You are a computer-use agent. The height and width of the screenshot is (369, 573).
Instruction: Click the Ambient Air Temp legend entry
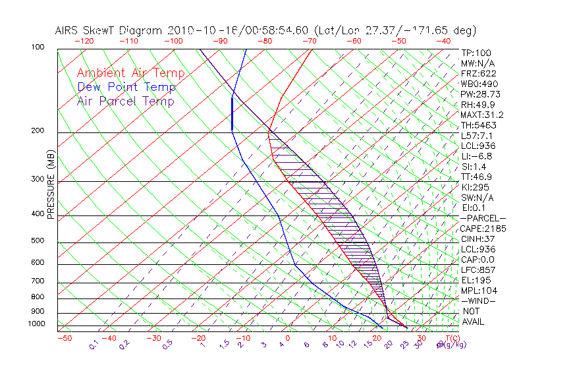click(131, 73)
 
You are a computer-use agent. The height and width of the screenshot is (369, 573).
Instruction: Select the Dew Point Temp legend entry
click(126, 87)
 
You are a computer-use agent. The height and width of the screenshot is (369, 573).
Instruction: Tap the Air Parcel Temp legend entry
click(126, 101)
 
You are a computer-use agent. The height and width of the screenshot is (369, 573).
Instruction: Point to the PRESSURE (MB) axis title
click(51, 188)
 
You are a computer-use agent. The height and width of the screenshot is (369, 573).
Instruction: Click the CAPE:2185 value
click(479, 229)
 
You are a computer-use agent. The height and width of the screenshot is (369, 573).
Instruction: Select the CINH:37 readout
click(474, 239)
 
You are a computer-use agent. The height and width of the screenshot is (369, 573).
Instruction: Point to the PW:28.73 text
click(477, 94)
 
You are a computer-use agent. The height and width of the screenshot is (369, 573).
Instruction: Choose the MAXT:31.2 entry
click(479, 115)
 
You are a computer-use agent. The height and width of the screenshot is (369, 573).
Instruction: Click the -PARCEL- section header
click(483, 218)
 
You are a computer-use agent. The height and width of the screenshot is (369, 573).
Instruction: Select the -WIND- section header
click(479, 301)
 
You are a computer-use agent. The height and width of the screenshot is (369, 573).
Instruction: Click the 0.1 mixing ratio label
click(93, 344)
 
